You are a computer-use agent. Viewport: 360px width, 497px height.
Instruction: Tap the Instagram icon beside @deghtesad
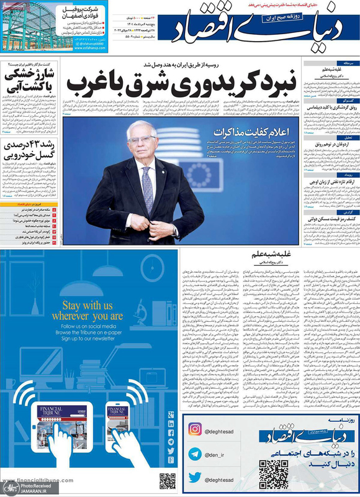pos(195,430)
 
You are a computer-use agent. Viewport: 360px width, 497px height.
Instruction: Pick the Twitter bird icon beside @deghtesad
pos(195,477)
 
